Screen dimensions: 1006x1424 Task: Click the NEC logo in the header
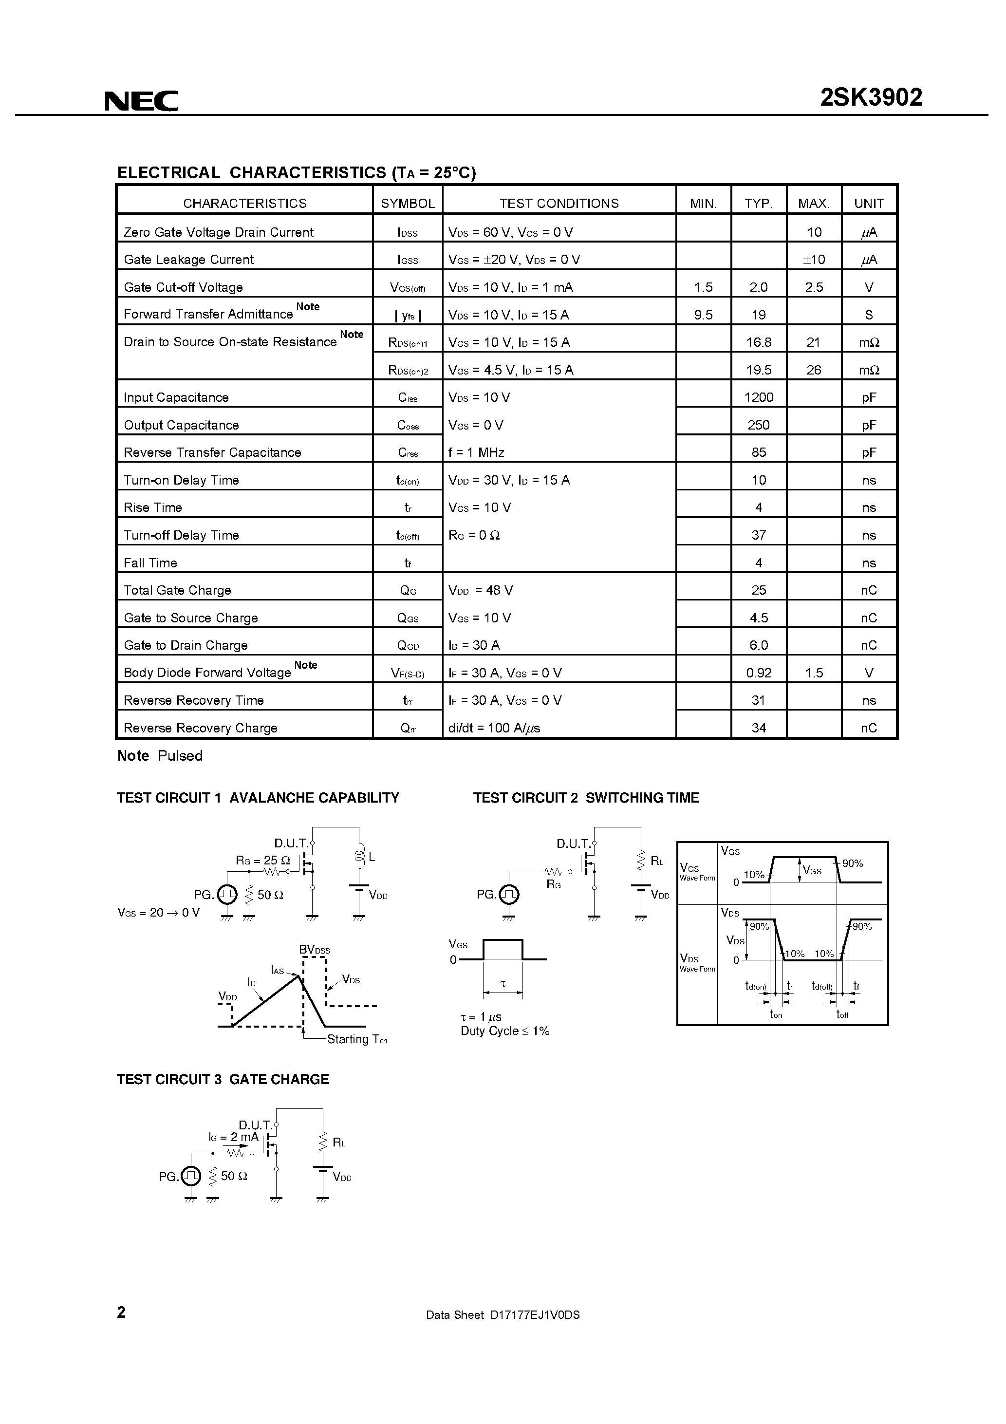point(141,100)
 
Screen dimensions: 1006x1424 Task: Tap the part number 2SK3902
point(871,97)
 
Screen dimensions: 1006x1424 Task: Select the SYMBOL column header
point(408,204)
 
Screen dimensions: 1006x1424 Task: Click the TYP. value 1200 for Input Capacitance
point(759,397)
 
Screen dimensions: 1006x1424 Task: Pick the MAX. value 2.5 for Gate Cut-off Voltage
point(814,287)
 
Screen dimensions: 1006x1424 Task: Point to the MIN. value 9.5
point(703,315)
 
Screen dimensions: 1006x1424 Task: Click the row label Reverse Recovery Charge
point(200,728)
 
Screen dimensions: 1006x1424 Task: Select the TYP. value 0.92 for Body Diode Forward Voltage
point(759,673)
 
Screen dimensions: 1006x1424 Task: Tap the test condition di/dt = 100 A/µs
point(494,728)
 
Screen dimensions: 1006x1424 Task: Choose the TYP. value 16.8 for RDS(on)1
point(759,342)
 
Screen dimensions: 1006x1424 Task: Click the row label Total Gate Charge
point(177,590)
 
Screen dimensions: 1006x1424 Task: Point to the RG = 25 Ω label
point(262,860)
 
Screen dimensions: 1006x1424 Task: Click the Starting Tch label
point(356,1039)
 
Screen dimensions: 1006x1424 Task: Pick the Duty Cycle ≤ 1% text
point(505,1031)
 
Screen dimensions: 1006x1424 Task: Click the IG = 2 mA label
point(233,1137)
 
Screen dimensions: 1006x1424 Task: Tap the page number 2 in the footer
point(122,1312)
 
